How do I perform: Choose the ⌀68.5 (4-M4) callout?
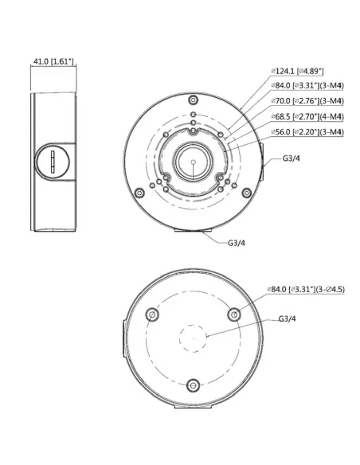[x=307, y=117]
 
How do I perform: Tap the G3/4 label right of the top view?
[x=292, y=158]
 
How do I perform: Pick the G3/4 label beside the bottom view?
[x=288, y=318]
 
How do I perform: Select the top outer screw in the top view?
[x=192, y=100]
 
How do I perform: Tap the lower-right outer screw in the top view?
[x=245, y=192]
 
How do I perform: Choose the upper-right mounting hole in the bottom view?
[x=233, y=316]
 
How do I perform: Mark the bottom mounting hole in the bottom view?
[x=192, y=385]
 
